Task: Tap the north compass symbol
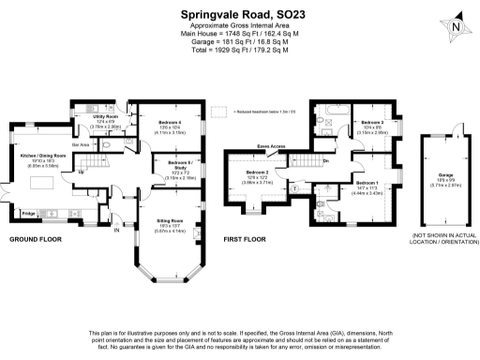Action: (x=456, y=26)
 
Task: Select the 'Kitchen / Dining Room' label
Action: (x=43, y=155)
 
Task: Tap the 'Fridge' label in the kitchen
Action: (x=28, y=215)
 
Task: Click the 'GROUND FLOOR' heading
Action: (x=36, y=239)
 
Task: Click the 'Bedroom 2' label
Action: (x=258, y=173)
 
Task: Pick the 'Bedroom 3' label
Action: (x=373, y=123)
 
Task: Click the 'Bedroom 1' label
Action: (x=366, y=183)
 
